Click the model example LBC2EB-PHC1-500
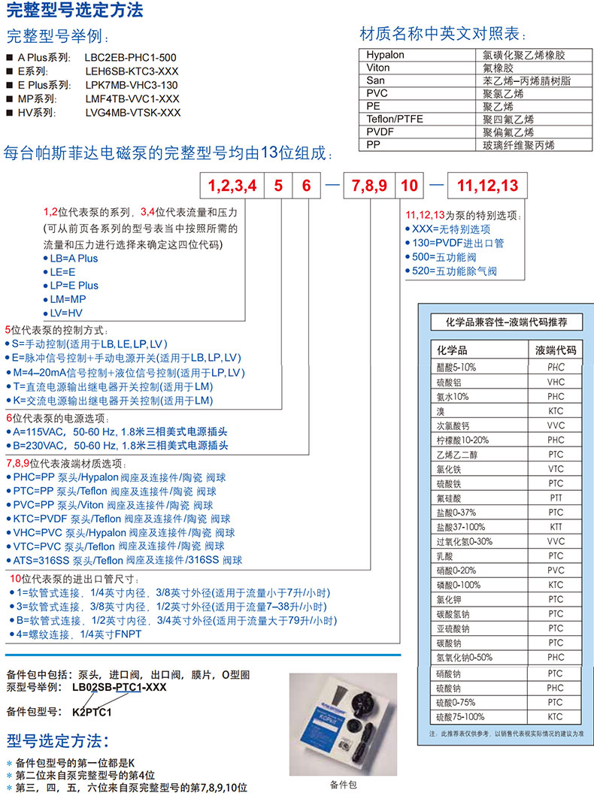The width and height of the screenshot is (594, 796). (131, 58)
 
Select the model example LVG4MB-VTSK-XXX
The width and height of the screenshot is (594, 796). (133, 113)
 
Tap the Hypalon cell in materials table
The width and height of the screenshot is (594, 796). (386, 55)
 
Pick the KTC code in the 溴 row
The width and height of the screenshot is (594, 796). (555, 411)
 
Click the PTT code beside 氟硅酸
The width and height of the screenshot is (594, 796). (555, 498)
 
